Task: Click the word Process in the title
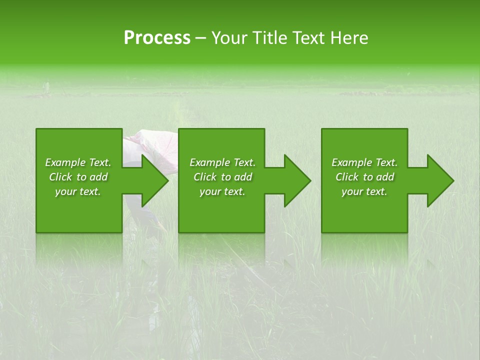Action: pos(157,37)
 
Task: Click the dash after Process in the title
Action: pos(201,38)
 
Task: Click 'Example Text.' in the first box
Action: pos(78,162)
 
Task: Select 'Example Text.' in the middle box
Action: pos(222,162)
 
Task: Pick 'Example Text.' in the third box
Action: pos(364,162)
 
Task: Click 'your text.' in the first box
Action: pos(78,191)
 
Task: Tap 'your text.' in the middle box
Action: pos(222,191)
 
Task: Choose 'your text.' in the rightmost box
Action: pos(364,191)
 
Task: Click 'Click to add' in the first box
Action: pos(78,177)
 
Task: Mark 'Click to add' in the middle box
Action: pos(222,177)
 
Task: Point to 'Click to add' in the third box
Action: pos(364,177)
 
